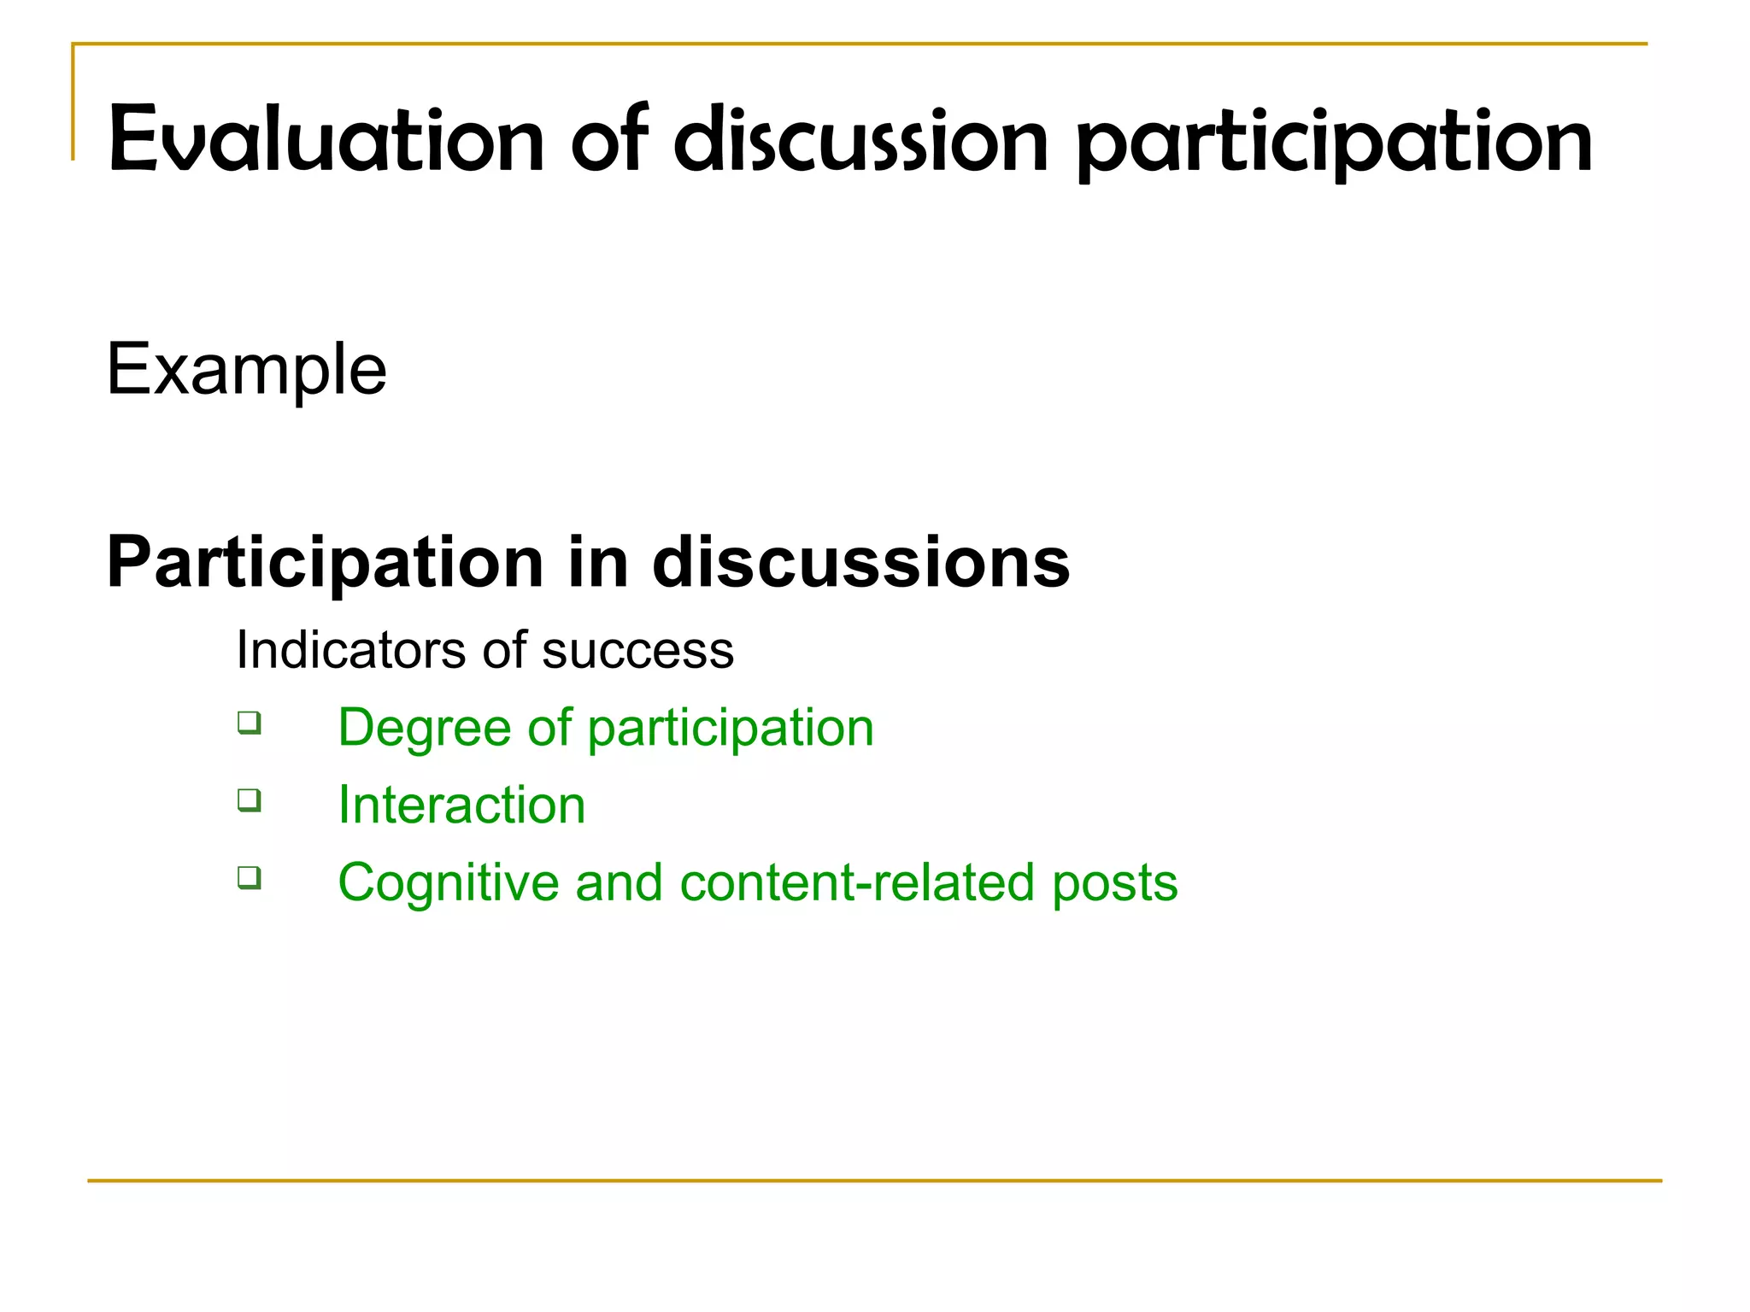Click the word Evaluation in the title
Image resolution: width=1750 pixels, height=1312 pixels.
(x=326, y=139)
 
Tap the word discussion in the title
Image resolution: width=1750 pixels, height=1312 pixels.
(x=860, y=139)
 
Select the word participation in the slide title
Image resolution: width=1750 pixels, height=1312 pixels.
(x=1334, y=141)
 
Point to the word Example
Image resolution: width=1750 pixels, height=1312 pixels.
(x=246, y=369)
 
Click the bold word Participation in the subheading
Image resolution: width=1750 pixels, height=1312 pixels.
(x=325, y=564)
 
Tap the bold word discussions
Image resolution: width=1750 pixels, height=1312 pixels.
(x=860, y=562)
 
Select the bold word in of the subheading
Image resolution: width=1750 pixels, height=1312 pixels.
(x=597, y=562)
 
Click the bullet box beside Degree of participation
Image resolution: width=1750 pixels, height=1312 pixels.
(x=250, y=723)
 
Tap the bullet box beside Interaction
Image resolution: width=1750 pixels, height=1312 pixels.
(x=250, y=800)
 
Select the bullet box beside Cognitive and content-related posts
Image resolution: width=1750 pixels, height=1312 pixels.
(x=250, y=877)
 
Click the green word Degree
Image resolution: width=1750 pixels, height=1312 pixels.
(x=424, y=729)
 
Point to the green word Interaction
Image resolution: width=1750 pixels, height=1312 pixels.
(x=461, y=805)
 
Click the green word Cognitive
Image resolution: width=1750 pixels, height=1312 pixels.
(x=449, y=882)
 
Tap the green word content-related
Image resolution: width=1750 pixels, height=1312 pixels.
(x=856, y=882)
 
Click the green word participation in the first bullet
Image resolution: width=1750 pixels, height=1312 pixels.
(x=730, y=729)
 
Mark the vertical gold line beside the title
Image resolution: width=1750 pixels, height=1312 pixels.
(x=73, y=102)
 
